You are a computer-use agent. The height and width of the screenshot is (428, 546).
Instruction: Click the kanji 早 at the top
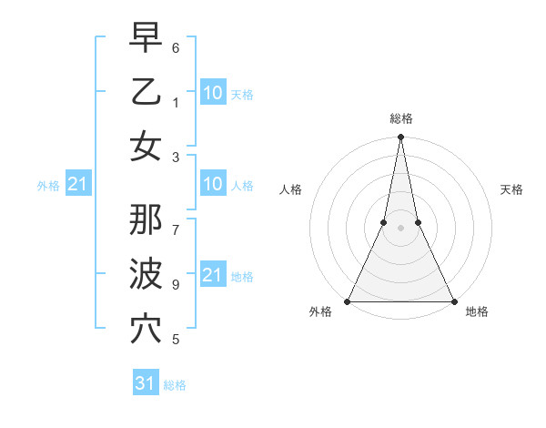pyautogui.click(x=146, y=38)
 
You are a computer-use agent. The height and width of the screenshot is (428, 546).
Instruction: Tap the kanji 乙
pyautogui.click(x=146, y=92)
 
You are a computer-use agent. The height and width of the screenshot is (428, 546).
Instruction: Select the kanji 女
pyautogui.click(x=146, y=146)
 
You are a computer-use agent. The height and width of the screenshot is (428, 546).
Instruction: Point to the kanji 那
pyautogui.click(x=146, y=219)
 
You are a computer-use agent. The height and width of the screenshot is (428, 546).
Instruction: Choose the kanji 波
pyautogui.click(x=146, y=274)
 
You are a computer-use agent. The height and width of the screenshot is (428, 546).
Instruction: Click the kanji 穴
pyautogui.click(x=146, y=329)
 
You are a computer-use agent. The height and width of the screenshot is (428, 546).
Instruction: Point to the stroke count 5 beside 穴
pyautogui.click(x=176, y=340)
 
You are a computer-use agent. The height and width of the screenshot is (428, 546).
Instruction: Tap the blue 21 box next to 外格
pyautogui.click(x=77, y=185)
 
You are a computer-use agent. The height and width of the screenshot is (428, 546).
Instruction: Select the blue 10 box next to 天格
pyautogui.click(x=212, y=92)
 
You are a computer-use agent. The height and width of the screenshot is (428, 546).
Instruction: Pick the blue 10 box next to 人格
pyautogui.click(x=212, y=185)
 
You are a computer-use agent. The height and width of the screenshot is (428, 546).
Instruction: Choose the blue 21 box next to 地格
pyautogui.click(x=212, y=274)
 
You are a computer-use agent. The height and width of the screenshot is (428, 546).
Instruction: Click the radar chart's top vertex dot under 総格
pyautogui.click(x=400, y=138)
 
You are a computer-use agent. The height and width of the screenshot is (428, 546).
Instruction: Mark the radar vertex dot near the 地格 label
pyautogui.click(x=453, y=301)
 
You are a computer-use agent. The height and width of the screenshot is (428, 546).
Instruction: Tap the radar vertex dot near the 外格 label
pyautogui.click(x=348, y=301)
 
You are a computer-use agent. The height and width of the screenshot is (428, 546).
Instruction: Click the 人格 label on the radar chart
pyautogui.click(x=291, y=189)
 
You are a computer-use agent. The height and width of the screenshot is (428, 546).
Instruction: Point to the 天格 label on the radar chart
pyautogui.click(x=511, y=189)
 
